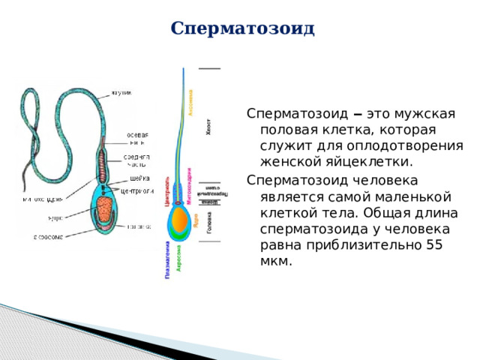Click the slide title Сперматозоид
pos(242,28)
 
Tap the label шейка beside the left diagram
pos(137,178)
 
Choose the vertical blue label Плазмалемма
pos(167,259)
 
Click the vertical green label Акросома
pos(178,255)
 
